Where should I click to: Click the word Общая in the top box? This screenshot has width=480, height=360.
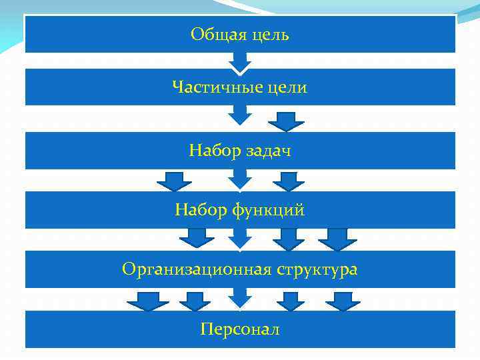215,34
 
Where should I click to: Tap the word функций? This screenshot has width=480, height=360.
268,211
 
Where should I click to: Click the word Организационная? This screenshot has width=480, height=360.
197,269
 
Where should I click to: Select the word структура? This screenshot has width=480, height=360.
317,270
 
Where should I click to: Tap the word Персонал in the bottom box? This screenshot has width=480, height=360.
240,329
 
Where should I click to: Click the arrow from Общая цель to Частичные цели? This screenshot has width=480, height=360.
240,62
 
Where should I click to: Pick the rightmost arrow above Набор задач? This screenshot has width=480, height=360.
286,121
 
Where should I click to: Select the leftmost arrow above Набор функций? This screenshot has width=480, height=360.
175,181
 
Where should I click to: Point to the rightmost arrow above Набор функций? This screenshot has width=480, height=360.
289,181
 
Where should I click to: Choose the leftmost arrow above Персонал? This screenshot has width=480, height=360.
147,301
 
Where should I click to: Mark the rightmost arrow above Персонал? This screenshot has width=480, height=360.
343,301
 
